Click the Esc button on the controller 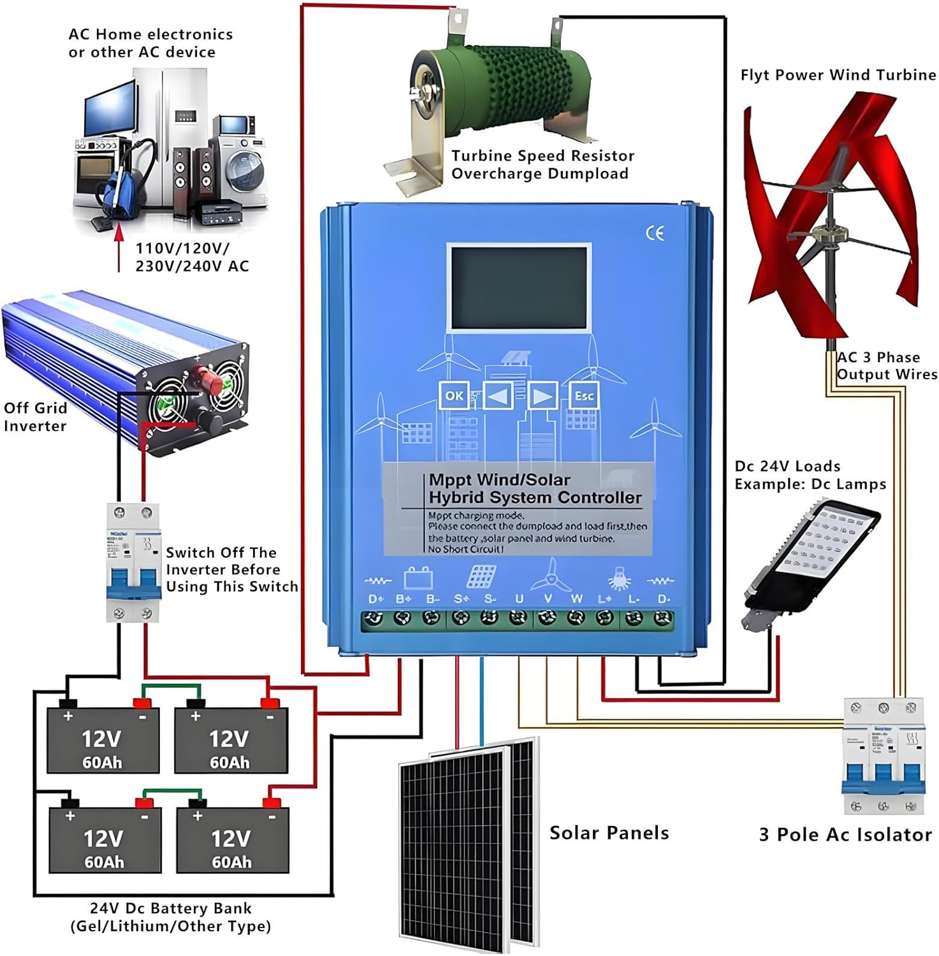tap(583, 396)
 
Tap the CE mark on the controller tap(655, 233)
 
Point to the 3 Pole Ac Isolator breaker tap(883, 756)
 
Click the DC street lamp tap(810, 561)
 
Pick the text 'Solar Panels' tap(609, 833)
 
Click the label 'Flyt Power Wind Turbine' tap(838, 75)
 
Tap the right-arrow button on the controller tap(542, 396)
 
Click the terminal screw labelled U tap(518, 618)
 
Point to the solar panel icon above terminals tap(481, 577)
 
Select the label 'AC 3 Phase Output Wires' tap(887, 366)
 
